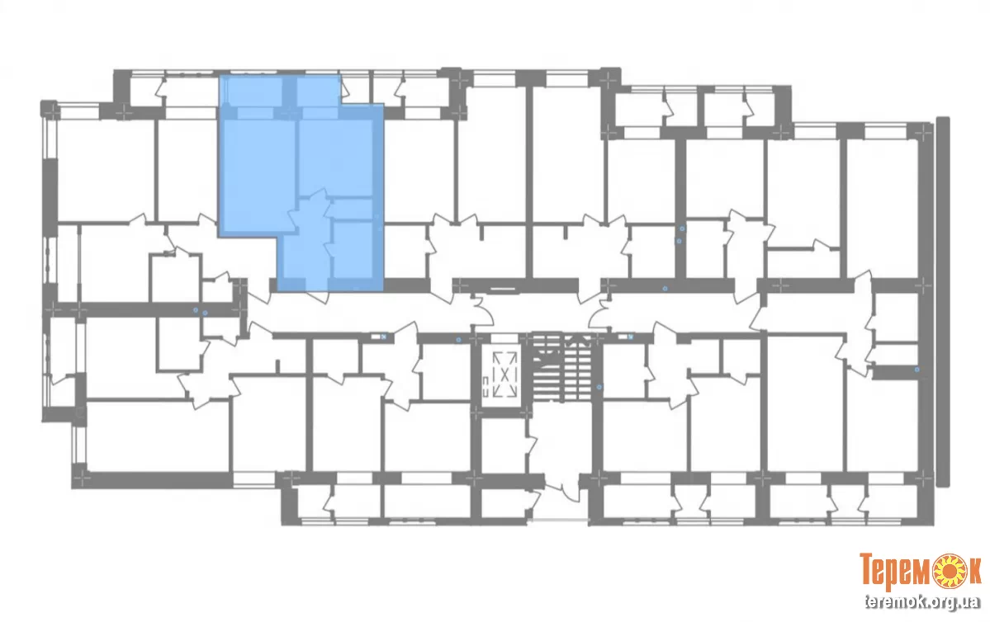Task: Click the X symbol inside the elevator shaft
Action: (504, 375)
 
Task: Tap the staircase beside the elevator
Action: (562, 367)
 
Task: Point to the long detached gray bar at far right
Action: (943, 302)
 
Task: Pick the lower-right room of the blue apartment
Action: (353, 249)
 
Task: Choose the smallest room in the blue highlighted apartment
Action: (353, 209)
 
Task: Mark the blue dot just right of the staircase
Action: (599, 387)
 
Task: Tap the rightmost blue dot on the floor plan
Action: (917, 370)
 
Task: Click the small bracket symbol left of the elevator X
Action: (485, 382)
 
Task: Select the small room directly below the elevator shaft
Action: (503, 445)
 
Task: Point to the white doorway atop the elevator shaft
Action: (504, 339)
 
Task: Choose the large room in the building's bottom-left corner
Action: (158, 436)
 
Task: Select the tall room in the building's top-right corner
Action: (882, 208)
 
